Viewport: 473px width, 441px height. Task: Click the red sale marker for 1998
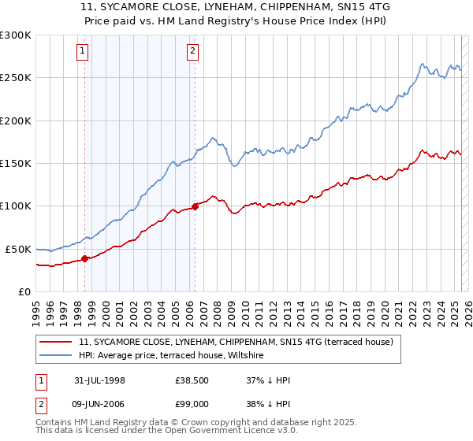84,258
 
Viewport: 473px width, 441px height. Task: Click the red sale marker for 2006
195,207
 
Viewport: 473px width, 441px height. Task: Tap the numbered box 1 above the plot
84,51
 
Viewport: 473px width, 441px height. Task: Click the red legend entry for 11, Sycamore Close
240,342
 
